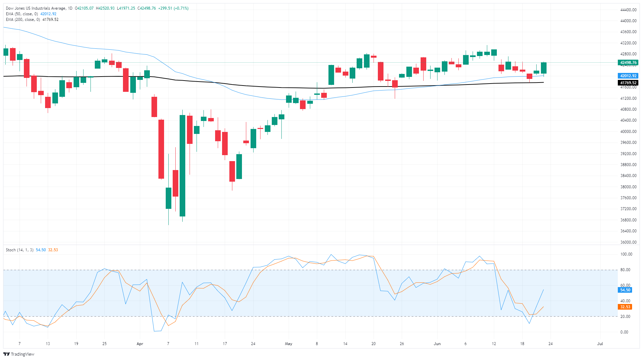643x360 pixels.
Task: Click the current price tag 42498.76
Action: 628,63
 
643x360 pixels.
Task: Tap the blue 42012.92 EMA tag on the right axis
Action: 628,76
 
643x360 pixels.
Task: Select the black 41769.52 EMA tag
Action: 628,83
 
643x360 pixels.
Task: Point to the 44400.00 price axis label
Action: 628,10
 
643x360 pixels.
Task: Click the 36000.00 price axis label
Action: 628,242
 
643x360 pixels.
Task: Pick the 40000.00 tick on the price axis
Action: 628,132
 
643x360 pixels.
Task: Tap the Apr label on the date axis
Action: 140,344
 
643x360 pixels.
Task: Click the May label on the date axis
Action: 288,344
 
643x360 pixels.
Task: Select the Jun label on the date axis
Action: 437,344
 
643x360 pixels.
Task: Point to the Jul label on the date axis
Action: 600,344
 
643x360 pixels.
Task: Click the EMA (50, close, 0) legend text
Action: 22,14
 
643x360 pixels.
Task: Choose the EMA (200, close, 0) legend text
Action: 23,20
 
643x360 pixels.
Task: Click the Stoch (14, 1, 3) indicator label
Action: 20,250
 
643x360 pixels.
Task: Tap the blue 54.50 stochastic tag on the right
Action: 625,290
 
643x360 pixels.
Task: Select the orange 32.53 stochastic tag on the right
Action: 625,307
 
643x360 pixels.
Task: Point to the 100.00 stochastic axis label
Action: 626,254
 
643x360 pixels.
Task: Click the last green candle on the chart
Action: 544,68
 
